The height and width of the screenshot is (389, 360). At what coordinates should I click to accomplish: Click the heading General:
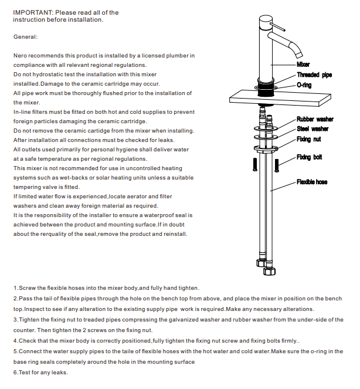click(25, 36)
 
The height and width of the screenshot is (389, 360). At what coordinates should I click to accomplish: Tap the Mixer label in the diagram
click(303, 64)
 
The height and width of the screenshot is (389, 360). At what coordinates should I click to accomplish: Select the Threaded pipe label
click(314, 75)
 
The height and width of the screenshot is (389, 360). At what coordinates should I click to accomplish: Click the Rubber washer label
click(315, 120)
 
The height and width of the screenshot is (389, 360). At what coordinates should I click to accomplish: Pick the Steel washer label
click(313, 128)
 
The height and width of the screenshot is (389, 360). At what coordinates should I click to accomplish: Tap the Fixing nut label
click(308, 140)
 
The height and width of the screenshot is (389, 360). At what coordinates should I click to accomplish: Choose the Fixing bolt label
click(309, 157)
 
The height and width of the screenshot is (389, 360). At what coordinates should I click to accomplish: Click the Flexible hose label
click(313, 182)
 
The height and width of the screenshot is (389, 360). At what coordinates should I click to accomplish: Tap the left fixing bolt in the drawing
click(253, 164)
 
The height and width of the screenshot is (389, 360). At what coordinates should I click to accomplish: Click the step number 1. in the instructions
click(16, 288)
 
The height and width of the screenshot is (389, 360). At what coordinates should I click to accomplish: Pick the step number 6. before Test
click(16, 373)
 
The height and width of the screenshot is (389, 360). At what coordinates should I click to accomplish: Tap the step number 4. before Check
click(16, 341)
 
